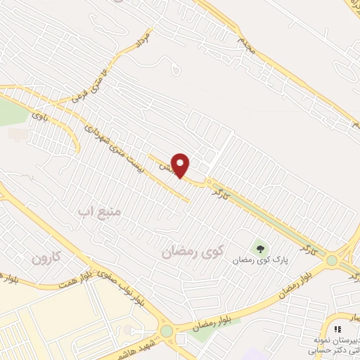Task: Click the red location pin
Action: pyautogui.click(x=181, y=165)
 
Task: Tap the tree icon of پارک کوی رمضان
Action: pyautogui.click(x=261, y=247)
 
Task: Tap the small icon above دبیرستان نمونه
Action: pyautogui.click(x=338, y=328)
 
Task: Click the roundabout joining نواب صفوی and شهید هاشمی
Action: pyautogui.click(x=167, y=330)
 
